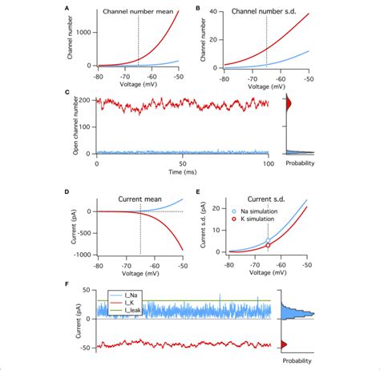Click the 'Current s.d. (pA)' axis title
pos(206,228)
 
